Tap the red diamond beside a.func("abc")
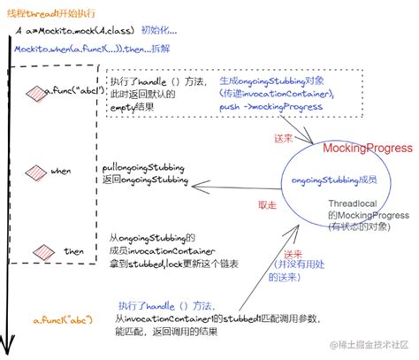tap(36, 91)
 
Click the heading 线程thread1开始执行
tap(51, 12)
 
